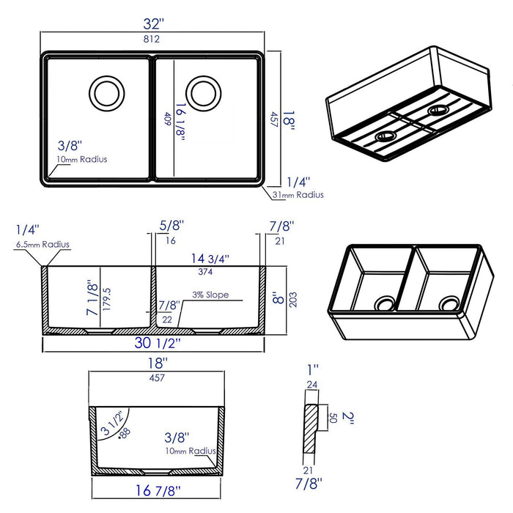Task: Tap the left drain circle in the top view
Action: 103,92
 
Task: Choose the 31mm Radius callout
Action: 298,195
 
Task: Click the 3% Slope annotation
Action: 211,295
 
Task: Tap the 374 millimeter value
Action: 207,271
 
